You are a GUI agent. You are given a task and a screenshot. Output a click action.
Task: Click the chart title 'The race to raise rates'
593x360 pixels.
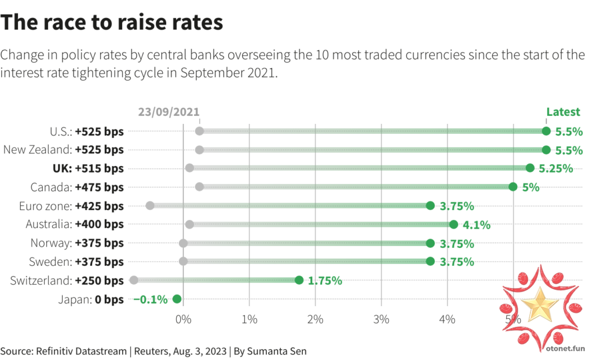112,23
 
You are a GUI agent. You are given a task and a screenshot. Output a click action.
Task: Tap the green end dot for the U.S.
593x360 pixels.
546,131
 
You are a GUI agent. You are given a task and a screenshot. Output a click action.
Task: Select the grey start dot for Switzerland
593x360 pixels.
134,280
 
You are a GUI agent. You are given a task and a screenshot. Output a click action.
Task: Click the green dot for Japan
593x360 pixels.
177,299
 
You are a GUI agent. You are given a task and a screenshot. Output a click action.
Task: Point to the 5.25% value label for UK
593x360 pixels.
555,168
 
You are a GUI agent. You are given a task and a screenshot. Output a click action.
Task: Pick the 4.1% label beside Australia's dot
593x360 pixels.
476,225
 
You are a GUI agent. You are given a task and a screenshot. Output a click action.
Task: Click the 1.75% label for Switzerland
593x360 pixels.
325,281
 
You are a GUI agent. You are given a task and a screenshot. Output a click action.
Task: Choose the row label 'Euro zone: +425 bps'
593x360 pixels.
71,206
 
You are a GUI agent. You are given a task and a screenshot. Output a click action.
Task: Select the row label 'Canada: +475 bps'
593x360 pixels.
77,187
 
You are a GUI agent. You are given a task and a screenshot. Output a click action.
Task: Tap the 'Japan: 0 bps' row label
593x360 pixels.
91,299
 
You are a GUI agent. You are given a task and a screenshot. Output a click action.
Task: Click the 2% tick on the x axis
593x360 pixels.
315,319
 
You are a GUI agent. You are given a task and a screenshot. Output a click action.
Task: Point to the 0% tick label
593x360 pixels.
183,319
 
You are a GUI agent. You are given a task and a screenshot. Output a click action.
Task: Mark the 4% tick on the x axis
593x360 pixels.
446,319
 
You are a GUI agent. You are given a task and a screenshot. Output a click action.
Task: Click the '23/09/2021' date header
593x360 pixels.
169,112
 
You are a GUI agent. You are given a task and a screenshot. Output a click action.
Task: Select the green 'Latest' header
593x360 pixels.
563,112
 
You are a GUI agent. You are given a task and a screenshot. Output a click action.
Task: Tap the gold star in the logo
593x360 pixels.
540,305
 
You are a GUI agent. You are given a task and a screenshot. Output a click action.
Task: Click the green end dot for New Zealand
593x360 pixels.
546,150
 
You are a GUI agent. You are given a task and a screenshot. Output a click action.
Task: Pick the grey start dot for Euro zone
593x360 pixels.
150,205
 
